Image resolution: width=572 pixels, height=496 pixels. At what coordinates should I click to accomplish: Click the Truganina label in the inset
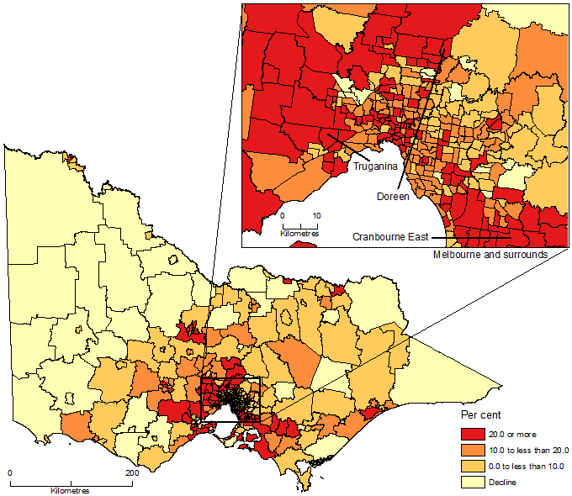tap(371, 167)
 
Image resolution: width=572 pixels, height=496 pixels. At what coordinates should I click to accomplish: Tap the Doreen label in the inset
tap(394, 197)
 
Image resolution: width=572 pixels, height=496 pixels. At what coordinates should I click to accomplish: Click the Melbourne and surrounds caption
tap(490, 254)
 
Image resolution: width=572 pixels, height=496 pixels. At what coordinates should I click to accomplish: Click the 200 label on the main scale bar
tap(131, 474)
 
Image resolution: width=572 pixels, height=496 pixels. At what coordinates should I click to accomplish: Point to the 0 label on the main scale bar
tap(10, 474)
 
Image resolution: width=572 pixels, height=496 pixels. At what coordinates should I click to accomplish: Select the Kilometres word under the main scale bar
tap(71, 490)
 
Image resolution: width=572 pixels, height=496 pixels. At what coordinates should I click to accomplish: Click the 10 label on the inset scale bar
tap(316, 216)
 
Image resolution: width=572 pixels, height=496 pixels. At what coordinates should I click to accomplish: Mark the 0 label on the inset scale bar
tap(283, 216)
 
